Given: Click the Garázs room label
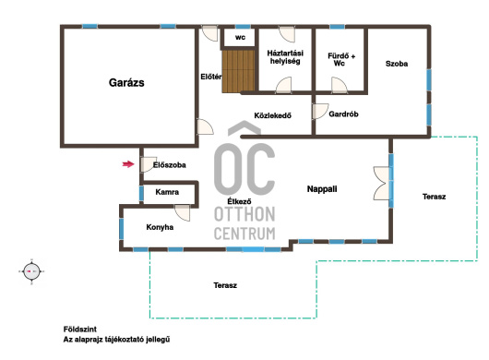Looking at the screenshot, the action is [x=126, y=83].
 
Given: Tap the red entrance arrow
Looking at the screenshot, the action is [x=128, y=164].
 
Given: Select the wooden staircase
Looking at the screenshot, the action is [x=239, y=71].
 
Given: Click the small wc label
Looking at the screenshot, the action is [x=240, y=38].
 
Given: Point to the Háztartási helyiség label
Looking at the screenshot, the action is [x=285, y=57].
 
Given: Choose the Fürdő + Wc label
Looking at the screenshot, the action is [x=341, y=59].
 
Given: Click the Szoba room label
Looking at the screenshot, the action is [x=397, y=64].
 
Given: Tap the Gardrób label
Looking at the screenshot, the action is [x=343, y=114].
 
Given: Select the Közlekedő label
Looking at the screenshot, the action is [x=272, y=115].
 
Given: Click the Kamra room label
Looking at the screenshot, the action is [x=167, y=192].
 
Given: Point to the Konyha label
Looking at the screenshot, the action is [x=160, y=227].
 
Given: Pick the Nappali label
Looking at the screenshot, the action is [x=322, y=188].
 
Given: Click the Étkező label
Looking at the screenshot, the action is [x=239, y=201].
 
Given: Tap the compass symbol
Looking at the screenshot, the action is [x=31, y=271].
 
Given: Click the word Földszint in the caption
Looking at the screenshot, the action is [x=80, y=330].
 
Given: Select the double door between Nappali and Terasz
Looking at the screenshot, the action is [x=381, y=183].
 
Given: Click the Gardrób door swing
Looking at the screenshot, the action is [x=320, y=111].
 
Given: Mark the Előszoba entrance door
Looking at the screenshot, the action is [x=149, y=164].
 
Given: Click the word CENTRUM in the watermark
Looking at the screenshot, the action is [x=244, y=234].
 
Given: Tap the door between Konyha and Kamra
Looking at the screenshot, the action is [x=182, y=212].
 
